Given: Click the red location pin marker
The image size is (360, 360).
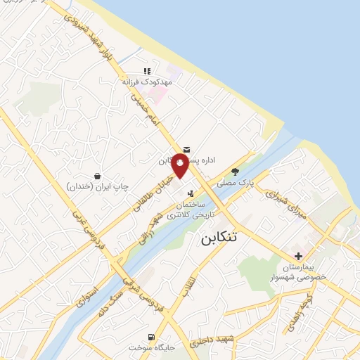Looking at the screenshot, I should (x=180, y=165).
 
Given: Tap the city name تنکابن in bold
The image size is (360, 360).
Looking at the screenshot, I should (x=220, y=238).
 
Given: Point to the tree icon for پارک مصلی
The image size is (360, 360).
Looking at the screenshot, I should (x=235, y=171).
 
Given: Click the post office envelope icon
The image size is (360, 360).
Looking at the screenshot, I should (x=186, y=149).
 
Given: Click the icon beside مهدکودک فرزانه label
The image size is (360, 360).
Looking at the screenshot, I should (x=147, y=71).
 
